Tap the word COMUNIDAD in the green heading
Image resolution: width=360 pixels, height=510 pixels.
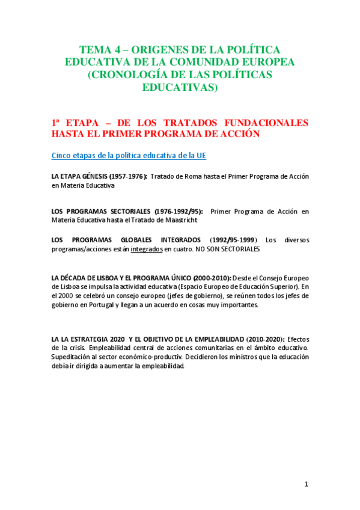(x=215, y=62)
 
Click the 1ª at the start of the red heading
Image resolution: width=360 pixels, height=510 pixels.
(x=58, y=123)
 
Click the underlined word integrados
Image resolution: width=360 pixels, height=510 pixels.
(x=146, y=248)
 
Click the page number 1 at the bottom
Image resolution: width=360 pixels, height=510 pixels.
(x=306, y=485)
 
